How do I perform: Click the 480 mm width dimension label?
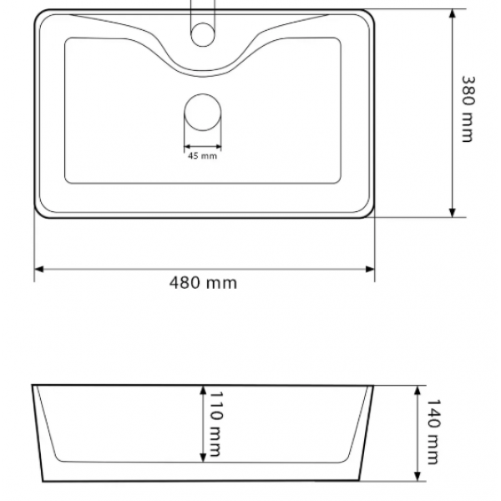click(203, 283)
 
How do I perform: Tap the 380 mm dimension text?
click(468, 109)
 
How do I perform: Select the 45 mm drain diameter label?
click(202, 156)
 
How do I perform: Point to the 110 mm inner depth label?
click(215, 424)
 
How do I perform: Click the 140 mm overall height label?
click(433, 432)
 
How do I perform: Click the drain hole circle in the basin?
click(203, 113)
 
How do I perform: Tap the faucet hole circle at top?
click(203, 34)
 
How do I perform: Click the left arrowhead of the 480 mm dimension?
click(38, 269)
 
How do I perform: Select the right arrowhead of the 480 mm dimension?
click(370, 269)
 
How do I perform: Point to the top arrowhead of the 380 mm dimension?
click(452, 13)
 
